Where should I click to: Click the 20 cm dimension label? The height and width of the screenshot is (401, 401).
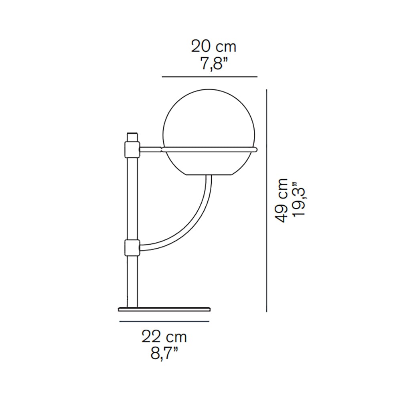tap(214, 47)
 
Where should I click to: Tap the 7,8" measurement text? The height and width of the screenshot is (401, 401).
tap(214, 63)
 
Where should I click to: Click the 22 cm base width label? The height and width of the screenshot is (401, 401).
tap(164, 337)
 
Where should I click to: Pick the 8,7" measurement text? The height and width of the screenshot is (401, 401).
tap(164, 354)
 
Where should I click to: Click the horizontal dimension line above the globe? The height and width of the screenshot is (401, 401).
tap(210, 77)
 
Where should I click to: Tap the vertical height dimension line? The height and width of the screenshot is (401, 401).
tap(267, 201)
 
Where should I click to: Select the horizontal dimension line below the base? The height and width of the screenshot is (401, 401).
tap(164, 322)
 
